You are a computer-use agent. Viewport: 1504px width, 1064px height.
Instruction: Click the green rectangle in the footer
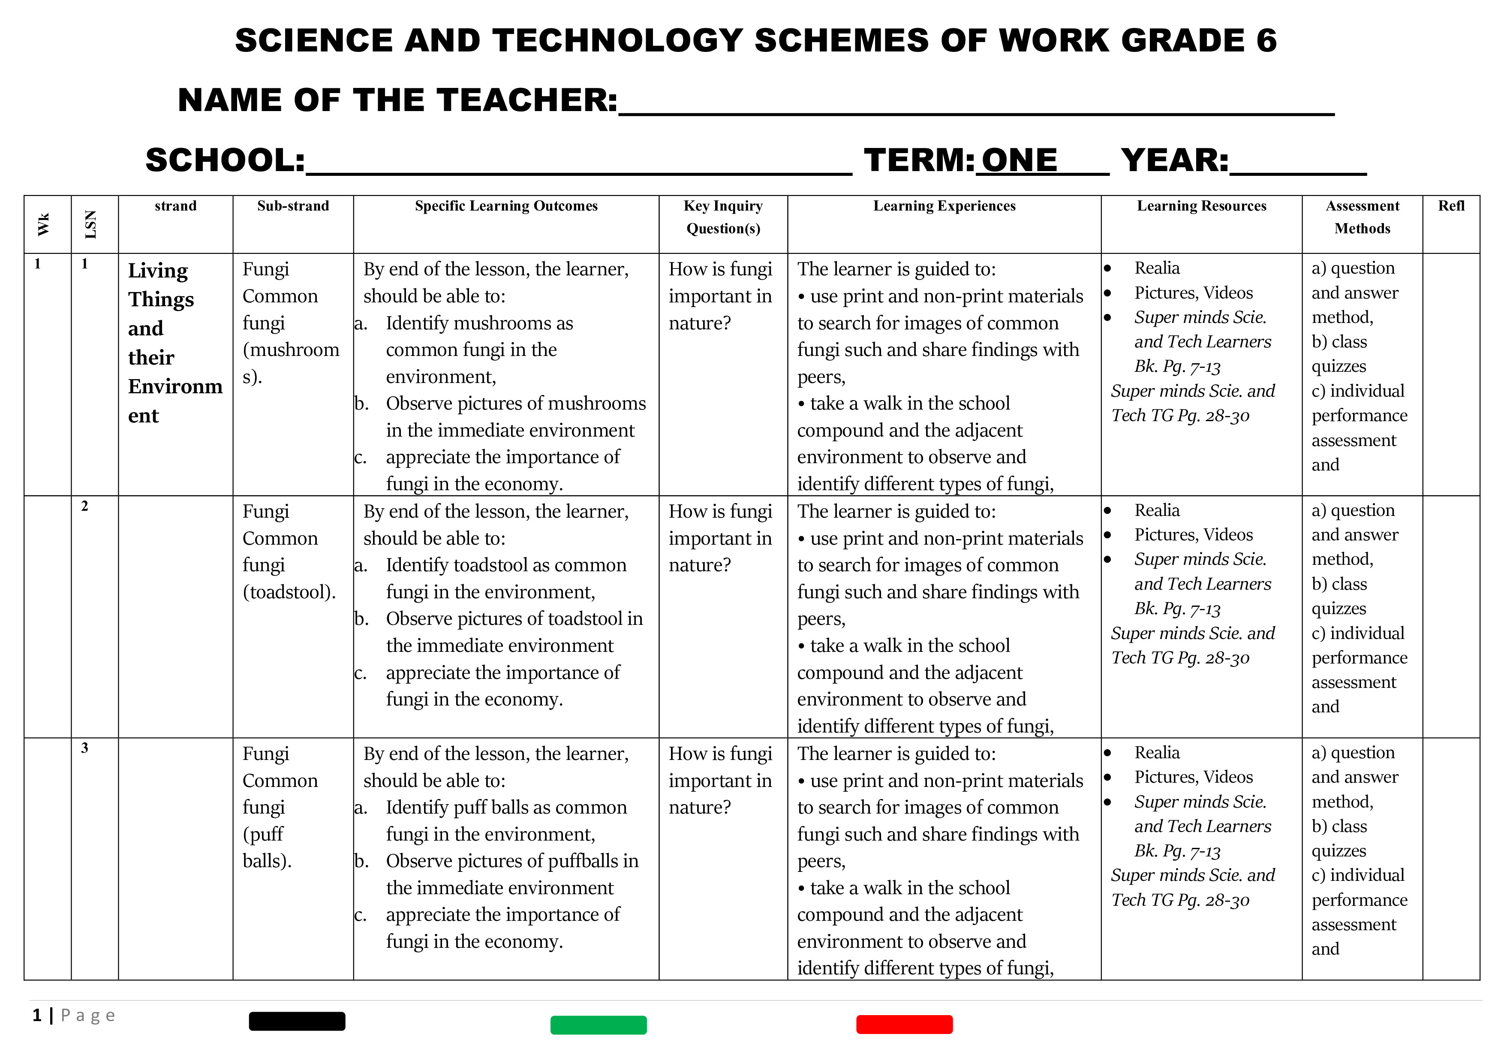click(x=598, y=1025)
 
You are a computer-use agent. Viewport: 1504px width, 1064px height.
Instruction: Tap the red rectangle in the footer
click(x=904, y=1024)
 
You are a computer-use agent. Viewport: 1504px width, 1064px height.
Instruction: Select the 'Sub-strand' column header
click(x=293, y=206)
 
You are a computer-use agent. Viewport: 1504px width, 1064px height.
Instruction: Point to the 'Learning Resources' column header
click(x=1201, y=206)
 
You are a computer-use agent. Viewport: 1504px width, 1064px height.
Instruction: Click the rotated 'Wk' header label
click(x=43, y=224)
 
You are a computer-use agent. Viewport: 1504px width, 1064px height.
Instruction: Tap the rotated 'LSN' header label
click(x=90, y=224)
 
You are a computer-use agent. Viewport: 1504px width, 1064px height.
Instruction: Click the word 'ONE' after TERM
click(x=1019, y=160)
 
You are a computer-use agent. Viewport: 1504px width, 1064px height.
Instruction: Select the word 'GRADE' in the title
click(x=1182, y=41)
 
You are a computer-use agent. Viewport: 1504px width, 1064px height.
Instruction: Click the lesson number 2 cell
click(x=84, y=506)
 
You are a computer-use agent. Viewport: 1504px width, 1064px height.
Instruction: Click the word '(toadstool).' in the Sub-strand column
click(x=289, y=592)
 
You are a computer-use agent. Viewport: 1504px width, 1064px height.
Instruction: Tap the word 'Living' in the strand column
click(x=158, y=271)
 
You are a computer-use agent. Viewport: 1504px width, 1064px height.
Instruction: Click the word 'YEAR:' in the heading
click(x=1174, y=160)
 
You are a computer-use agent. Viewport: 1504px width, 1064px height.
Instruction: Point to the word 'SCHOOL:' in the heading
click(x=226, y=160)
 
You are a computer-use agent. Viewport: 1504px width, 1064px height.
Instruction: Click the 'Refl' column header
click(x=1451, y=206)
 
